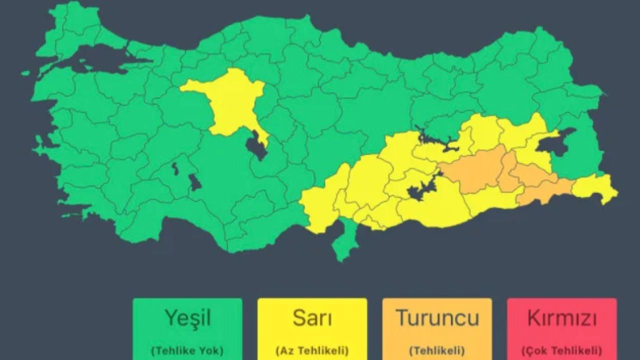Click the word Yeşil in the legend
(187, 318)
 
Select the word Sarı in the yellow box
(312, 318)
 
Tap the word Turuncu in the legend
(437, 318)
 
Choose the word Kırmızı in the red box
(561, 318)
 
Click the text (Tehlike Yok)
(187, 350)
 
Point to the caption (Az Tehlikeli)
(312, 350)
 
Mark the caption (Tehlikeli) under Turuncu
(437, 350)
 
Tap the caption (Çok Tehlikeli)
(561, 350)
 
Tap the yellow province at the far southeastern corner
(595, 187)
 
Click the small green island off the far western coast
(25, 73)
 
